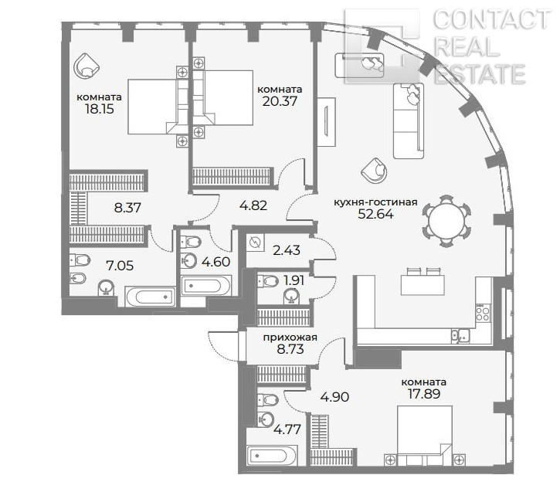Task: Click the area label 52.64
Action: point(375,214)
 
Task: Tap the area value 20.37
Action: point(280,101)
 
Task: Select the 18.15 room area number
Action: point(100,109)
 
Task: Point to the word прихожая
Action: point(290,338)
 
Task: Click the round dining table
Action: point(446,221)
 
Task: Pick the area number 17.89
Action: point(424,394)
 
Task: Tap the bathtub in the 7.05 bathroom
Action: point(151,297)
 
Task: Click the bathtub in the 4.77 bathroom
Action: point(272,455)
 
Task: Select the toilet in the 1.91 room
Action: point(267,281)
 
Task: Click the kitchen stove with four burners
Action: point(483,313)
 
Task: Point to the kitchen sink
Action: point(460,336)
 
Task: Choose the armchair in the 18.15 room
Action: point(86,66)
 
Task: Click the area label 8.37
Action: point(127,207)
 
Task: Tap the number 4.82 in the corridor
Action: point(253,205)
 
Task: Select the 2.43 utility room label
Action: point(287,250)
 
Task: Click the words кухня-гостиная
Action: point(375,202)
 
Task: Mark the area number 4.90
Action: point(334,397)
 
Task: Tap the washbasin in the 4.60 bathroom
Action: point(189,260)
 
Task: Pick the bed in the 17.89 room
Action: point(425,436)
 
